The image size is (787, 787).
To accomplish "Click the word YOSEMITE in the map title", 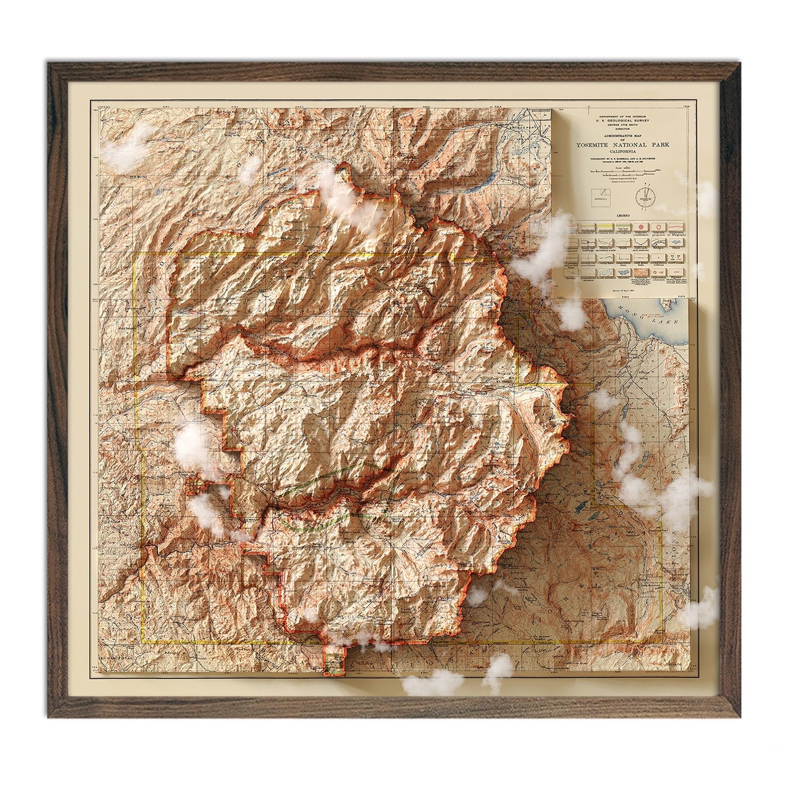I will [600, 145].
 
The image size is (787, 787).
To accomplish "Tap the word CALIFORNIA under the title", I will [624, 152].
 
